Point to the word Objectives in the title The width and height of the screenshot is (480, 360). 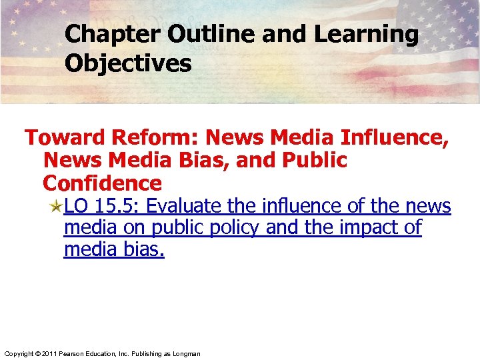[x=128, y=64]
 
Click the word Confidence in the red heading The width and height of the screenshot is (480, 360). [x=102, y=183]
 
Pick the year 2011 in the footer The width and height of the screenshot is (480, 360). [x=49, y=353]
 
